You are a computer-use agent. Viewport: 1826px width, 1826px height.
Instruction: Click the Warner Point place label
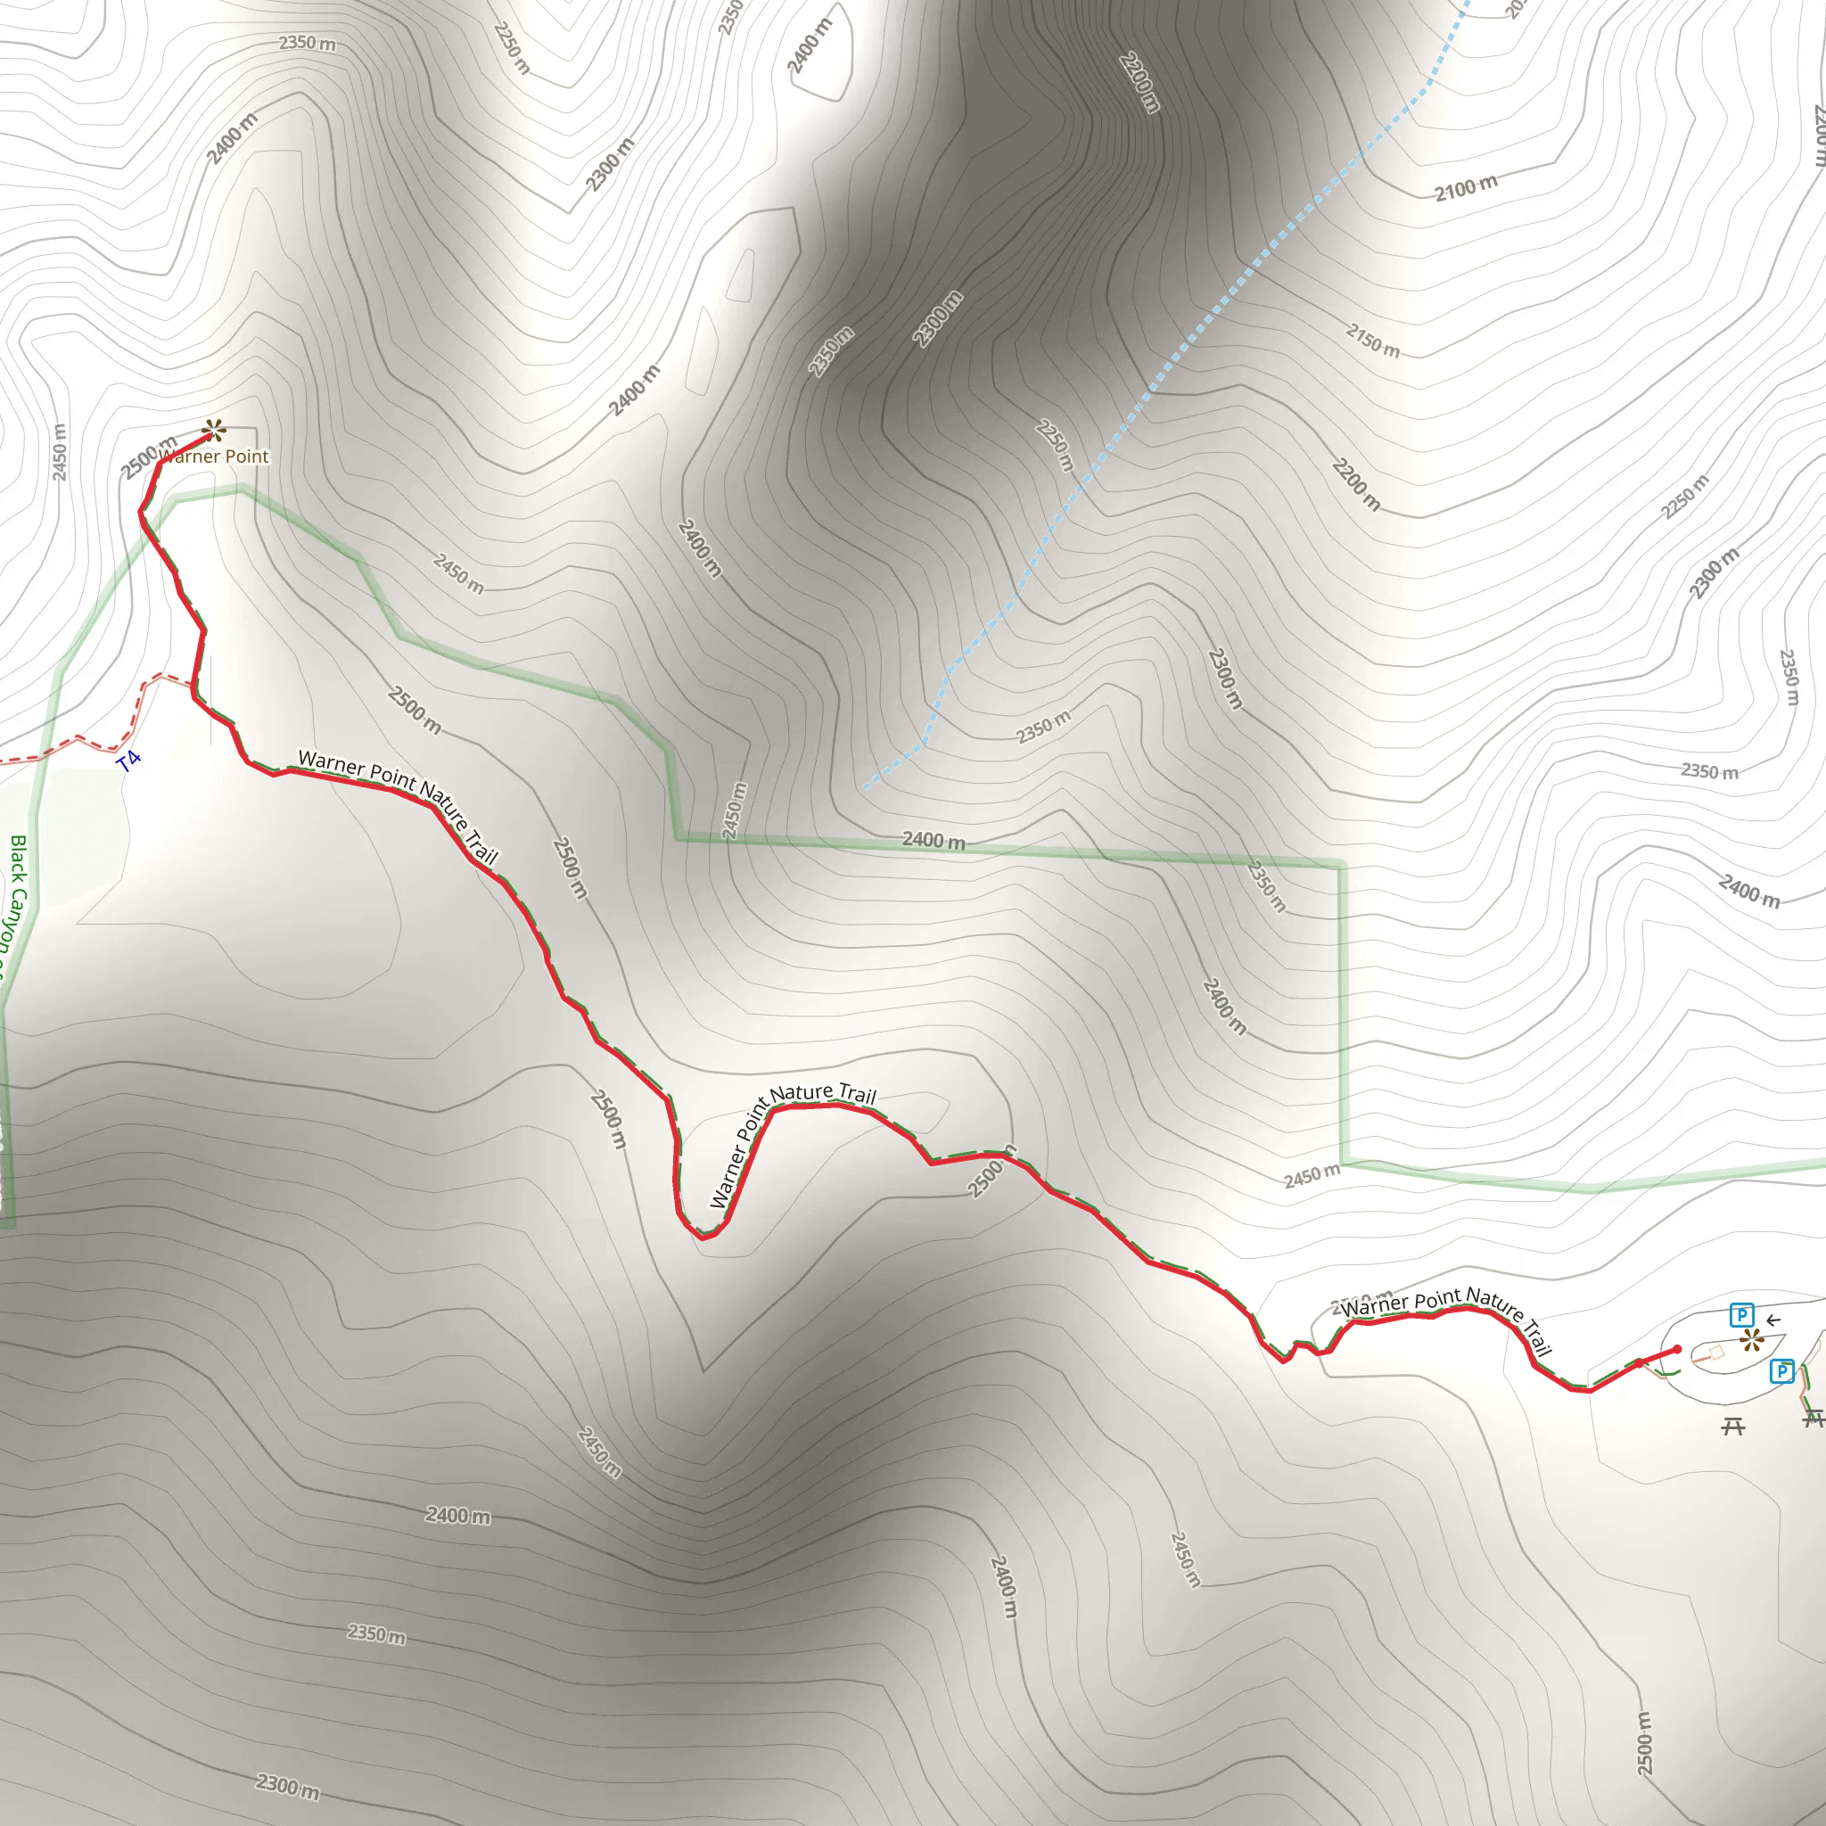tap(215, 456)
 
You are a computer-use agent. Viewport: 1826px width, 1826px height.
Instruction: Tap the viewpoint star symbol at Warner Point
tap(214, 431)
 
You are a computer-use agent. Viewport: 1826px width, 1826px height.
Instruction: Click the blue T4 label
tap(129, 761)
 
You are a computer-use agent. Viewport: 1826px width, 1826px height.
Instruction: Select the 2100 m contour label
tap(1466, 187)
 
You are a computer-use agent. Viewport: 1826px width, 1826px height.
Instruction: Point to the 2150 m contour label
tap(1373, 341)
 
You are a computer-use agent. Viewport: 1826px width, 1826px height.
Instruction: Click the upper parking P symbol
tap(1742, 1315)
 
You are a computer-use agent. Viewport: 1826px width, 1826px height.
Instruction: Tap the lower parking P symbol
tap(1781, 1370)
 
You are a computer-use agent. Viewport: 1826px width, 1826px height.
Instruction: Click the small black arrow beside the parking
tap(1773, 1321)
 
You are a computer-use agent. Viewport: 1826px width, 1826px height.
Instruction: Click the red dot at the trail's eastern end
tap(1677, 1350)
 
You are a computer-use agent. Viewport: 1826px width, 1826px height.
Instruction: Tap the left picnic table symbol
tap(1732, 1427)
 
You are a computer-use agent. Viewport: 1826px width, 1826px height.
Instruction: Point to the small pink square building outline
tap(1716, 1353)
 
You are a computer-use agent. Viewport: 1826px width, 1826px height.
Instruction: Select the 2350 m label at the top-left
tap(308, 43)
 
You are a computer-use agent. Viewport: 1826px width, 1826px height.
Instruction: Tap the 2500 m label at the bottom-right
tap(1644, 1743)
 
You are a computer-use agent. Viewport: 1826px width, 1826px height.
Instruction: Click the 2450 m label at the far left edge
tap(59, 452)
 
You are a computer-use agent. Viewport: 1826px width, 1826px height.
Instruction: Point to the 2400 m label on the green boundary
tap(934, 839)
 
